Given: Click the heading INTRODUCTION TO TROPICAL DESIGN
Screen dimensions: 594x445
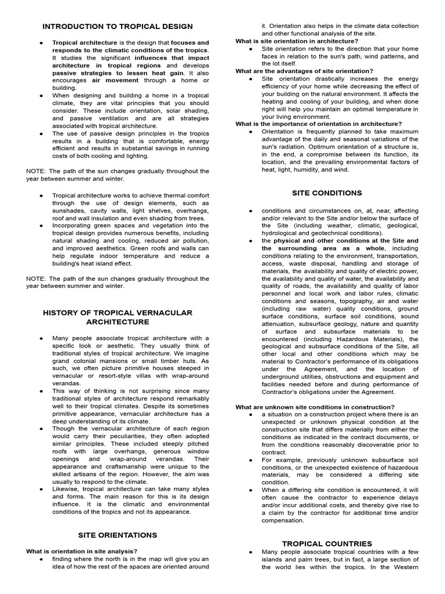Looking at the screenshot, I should [118, 27].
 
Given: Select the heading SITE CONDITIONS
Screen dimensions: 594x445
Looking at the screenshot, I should [327, 193].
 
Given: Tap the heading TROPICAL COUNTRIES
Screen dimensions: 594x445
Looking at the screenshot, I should [327, 544].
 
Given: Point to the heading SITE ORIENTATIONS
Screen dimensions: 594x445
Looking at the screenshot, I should [118, 535].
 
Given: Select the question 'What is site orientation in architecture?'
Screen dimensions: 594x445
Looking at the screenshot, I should [297, 41].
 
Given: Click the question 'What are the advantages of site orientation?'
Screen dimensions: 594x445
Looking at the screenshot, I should [304, 71].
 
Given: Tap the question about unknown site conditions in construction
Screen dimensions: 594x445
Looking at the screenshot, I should [315, 407].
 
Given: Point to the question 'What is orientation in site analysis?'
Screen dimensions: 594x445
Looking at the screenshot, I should [82, 551].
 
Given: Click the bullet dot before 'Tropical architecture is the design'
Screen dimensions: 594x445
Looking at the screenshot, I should [42, 43].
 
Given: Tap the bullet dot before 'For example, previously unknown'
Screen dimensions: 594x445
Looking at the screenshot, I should [250, 460].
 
